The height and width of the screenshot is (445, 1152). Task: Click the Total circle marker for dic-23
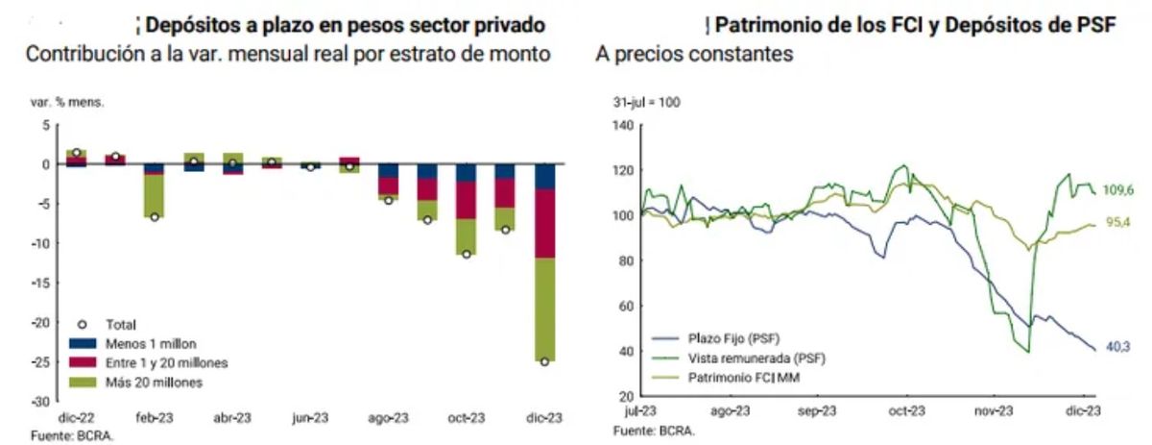[545, 361]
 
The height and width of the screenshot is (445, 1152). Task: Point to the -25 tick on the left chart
[39, 361]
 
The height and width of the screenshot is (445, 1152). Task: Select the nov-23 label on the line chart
[995, 411]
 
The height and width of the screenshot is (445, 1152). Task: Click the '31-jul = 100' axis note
[647, 102]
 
